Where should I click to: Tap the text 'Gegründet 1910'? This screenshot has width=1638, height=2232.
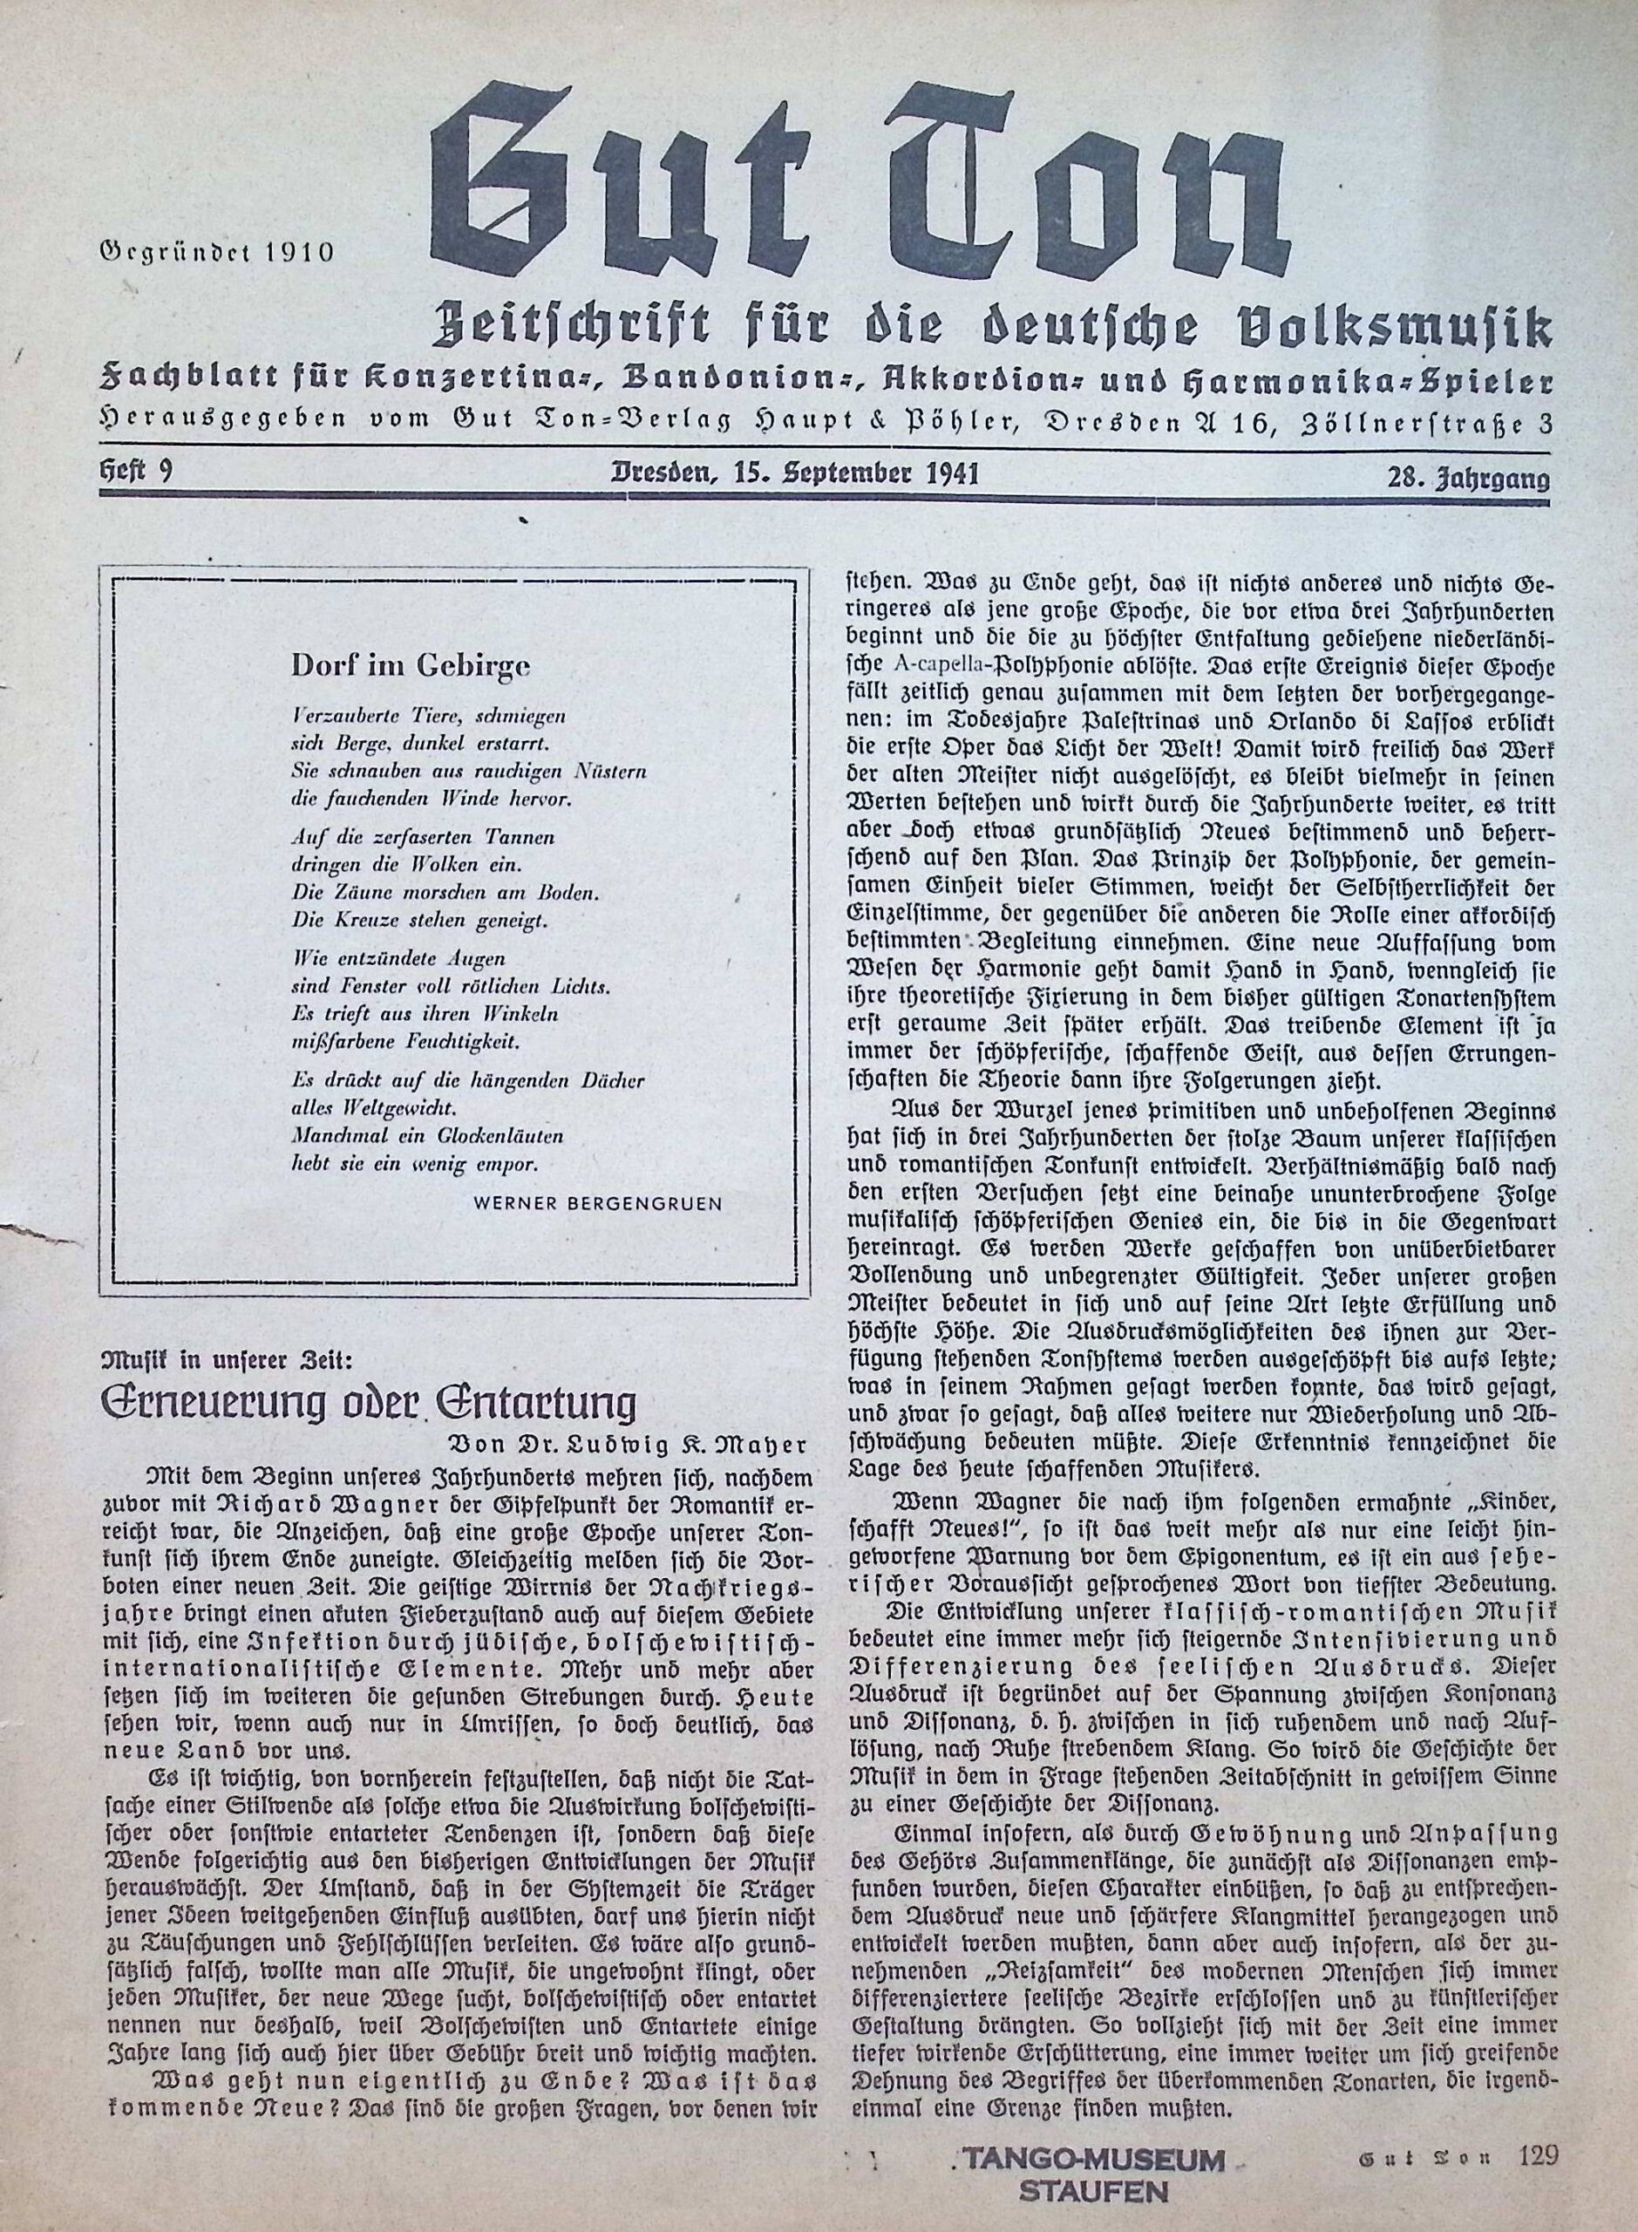click(217, 251)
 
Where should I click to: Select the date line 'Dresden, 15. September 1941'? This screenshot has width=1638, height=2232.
click(793, 473)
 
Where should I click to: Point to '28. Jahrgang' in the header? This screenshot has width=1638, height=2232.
click(1467, 480)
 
